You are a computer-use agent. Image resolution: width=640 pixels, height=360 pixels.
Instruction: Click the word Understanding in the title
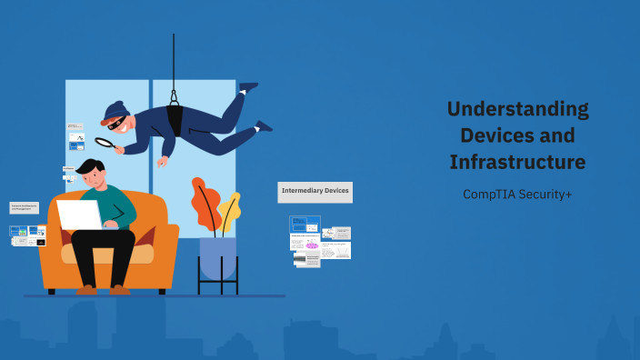click(517, 109)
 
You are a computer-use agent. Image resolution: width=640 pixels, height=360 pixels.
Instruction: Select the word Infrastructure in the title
click(516, 163)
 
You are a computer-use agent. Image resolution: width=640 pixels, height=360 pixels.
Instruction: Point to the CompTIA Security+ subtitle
click(516, 194)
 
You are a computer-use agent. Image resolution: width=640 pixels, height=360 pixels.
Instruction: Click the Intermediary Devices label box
click(315, 191)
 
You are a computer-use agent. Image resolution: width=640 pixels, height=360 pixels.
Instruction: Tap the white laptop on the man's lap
click(80, 215)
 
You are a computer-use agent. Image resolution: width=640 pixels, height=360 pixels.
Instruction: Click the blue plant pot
click(217, 257)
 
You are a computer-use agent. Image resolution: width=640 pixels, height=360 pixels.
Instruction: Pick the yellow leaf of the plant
click(229, 211)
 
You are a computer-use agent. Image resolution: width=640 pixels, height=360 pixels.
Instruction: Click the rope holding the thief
click(174, 64)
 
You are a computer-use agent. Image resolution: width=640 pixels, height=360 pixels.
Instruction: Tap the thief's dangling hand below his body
click(163, 161)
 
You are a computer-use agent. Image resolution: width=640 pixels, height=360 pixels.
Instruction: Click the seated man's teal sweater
click(118, 205)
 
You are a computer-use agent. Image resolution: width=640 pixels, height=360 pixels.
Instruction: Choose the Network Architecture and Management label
click(24, 208)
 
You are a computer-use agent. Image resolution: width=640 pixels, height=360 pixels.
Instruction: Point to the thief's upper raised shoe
click(248, 87)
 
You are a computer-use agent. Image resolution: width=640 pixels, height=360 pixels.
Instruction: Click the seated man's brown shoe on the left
click(86, 290)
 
